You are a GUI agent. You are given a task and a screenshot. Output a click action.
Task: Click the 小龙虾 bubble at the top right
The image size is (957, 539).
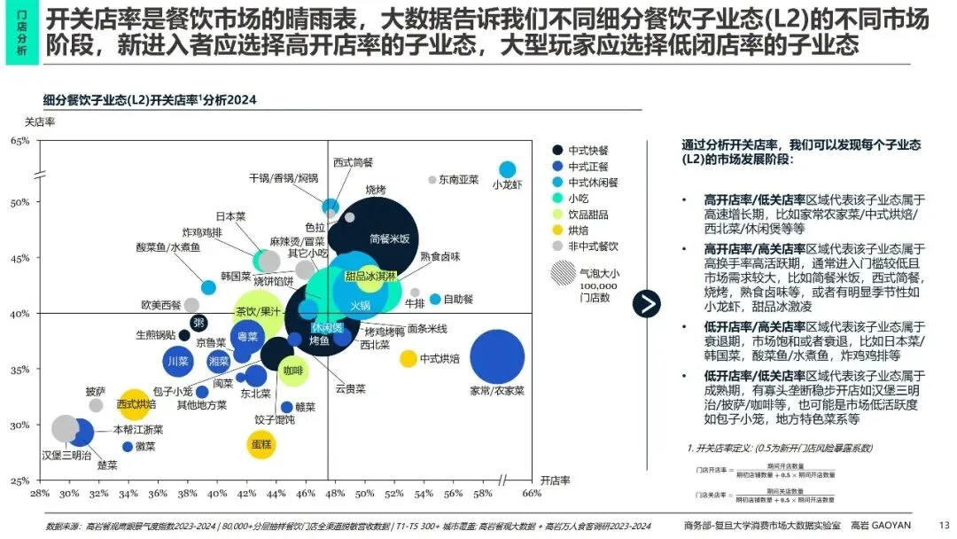[507, 169]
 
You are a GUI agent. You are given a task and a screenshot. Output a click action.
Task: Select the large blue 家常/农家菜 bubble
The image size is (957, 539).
[502, 357]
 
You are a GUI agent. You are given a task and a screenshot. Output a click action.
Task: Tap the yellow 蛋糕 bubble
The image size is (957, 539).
[261, 443]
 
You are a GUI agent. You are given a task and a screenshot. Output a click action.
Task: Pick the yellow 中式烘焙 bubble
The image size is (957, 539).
[408, 359]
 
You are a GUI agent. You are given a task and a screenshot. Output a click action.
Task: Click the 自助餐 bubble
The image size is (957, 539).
[435, 300]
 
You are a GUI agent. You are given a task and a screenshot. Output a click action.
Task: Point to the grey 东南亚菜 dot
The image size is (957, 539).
[432, 180]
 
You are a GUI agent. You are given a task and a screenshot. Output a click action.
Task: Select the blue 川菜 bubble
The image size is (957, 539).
[177, 361]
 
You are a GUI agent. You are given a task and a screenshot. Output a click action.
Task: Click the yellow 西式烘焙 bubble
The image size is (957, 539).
[134, 404]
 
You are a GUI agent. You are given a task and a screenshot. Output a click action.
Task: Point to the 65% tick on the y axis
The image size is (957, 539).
[19, 142]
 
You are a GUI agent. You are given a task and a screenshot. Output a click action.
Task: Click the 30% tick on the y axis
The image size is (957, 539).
[19, 426]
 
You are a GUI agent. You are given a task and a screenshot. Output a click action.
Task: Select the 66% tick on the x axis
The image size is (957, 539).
[532, 493]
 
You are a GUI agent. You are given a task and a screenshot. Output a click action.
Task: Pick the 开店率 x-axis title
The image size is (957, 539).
[553, 480]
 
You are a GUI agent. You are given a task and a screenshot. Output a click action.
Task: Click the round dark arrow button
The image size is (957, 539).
[646, 303]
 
